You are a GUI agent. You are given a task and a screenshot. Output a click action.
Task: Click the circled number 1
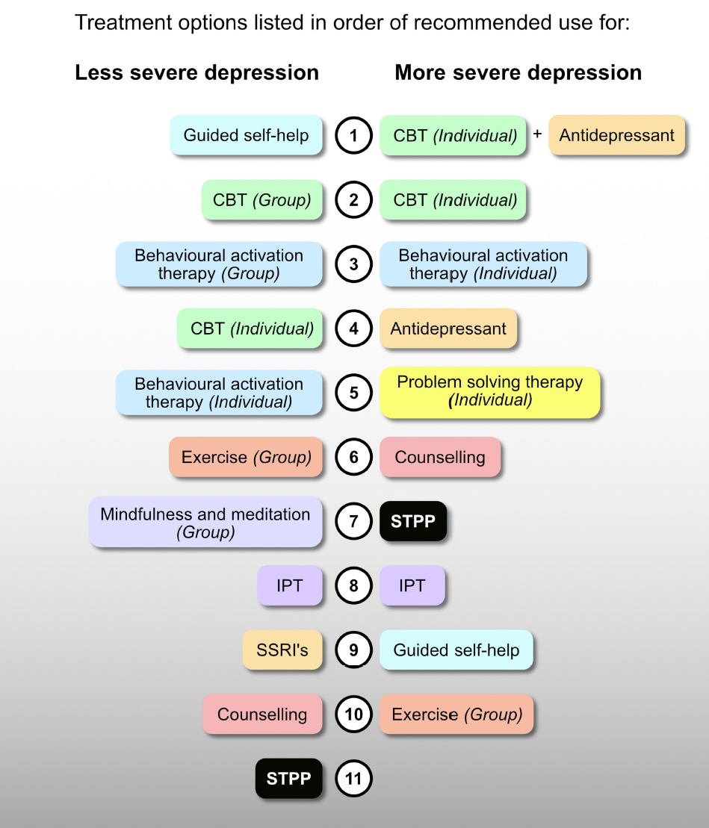[x=353, y=135]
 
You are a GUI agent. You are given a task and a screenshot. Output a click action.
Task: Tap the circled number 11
[x=353, y=779]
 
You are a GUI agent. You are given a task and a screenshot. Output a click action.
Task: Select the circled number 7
[x=353, y=521]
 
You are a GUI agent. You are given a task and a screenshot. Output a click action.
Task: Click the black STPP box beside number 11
[x=288, y=779]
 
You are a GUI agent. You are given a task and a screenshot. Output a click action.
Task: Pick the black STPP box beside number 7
[x=413, y=521]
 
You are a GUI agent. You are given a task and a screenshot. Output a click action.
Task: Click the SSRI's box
[x=282, y=650]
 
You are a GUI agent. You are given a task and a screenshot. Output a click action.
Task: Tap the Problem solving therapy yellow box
[x=489, y=391]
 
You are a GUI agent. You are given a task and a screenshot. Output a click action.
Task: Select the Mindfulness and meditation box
[x=205, y=522]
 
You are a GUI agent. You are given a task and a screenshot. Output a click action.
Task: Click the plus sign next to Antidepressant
[x=537, y=134]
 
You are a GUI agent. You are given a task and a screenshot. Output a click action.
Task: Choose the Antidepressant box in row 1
[x=616, y=135]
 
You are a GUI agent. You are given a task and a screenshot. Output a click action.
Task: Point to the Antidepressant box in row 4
[x=448, y=329]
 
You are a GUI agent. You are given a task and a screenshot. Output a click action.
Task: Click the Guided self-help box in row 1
[x=246, y=135]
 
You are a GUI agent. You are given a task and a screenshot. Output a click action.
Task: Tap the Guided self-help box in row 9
[x=456, y=650]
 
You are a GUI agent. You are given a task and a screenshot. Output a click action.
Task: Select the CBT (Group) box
[x=262, y=199]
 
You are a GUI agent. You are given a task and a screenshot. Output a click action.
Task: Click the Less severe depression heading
[x=196, y=72]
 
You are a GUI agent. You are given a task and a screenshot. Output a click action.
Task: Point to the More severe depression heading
[x=518, y=72]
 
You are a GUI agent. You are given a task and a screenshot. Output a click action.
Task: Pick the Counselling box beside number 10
[x=262, y=714]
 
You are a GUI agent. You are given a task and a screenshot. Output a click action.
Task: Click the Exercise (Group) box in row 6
[x=246, y=457]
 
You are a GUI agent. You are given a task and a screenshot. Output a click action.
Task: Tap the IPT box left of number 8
[x=290, y=585]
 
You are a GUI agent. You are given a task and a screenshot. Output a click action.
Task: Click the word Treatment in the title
[x=120, y=22]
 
